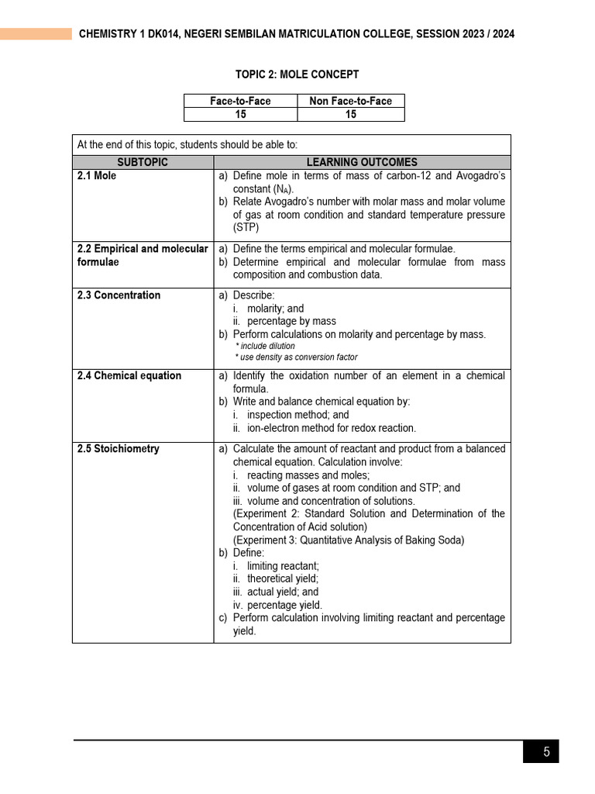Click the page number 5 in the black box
[x=546, y=751]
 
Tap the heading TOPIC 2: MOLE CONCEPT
[x=297, y=74]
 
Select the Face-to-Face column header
[x=240, y=101]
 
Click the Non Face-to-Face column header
[x=350, y=101]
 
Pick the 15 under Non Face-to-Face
[x=350, y=114]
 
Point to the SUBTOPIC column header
[x=143, y=162]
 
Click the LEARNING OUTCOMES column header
[x=362, y=162]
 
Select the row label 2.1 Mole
[x=97, y=176]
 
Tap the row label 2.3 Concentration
[x=119, y=295]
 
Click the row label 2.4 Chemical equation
[x=129, y=375]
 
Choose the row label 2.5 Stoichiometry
[x=118, y=448]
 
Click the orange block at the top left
[x=36, y=34]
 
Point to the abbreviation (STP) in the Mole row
[x=246, y=228]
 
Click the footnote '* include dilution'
[x=265, y=346]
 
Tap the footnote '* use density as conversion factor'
[x=296, y=357]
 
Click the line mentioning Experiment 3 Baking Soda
[x=349, y=540]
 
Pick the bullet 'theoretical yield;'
[x=282, y=578]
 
